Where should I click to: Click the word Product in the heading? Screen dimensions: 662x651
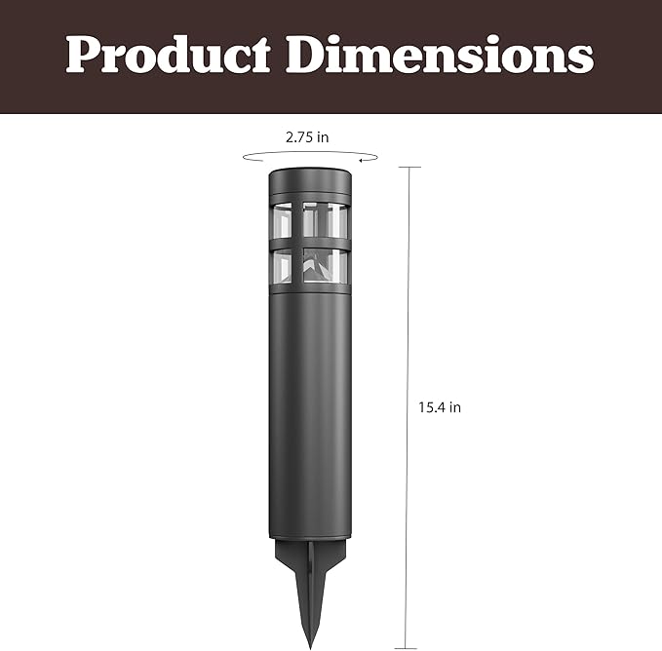tap(168, 54)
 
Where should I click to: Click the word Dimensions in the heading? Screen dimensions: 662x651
tap(440, 54)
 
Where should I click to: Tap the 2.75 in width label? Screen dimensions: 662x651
tap(307, 137)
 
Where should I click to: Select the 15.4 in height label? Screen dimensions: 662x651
tap(440, 407)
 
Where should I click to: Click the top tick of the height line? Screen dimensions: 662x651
tap(409, 167)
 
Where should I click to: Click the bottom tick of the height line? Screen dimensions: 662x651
tap(406, 648)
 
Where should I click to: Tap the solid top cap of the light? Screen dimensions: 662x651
tap(310, 181)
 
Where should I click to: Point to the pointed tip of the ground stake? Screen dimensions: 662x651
tap(311, 649)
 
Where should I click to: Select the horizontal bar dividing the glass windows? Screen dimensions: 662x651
tap(310, 245)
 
